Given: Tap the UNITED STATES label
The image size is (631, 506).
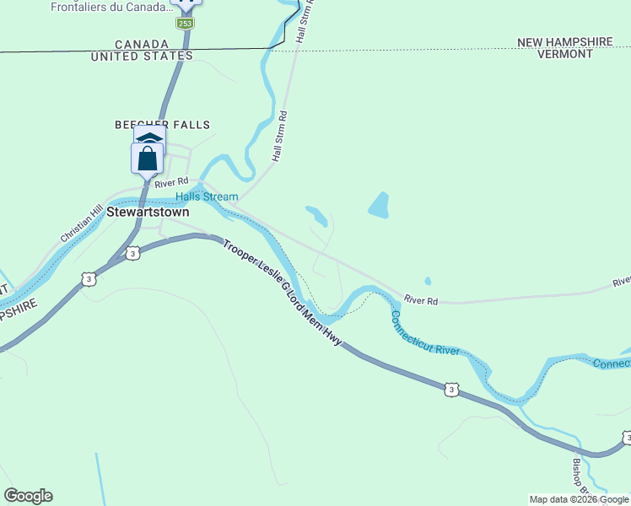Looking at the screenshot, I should pos(141,57).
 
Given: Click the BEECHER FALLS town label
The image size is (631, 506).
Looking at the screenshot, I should pos(162,125).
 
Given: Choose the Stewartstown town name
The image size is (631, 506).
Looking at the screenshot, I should pos(148,213).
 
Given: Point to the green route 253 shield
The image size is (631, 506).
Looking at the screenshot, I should pos(185,23).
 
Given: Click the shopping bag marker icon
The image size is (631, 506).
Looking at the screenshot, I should pos(147,159).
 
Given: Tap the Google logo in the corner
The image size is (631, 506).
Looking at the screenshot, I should pos(28,496).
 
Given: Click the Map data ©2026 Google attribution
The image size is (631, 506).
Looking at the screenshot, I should pos(579,499).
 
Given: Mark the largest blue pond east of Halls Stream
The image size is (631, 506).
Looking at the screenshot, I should pos(379,205).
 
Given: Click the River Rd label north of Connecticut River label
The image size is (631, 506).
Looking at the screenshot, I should pos(421,299).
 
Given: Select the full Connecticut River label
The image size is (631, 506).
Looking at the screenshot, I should pos(424,333).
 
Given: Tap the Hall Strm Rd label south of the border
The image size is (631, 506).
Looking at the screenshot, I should pos(280,137).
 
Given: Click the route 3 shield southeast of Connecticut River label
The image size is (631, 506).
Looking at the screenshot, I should pos(451,389).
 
